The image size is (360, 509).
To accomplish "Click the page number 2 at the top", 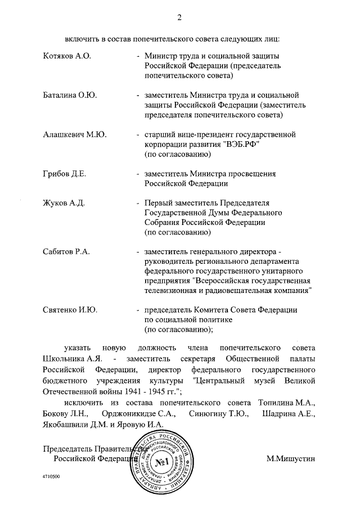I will click(x=179, y=17).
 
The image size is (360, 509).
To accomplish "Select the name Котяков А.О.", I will click(x=66, y=56).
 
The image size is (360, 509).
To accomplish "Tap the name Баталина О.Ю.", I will click(x=70, y=96).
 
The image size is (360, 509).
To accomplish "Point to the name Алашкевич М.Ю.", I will click(x=75, y=135).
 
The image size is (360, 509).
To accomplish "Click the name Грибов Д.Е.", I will click(x=64, y=174).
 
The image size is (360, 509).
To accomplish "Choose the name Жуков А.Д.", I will click(x=63, y=202).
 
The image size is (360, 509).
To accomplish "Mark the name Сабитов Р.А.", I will click(x=66, y=251).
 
